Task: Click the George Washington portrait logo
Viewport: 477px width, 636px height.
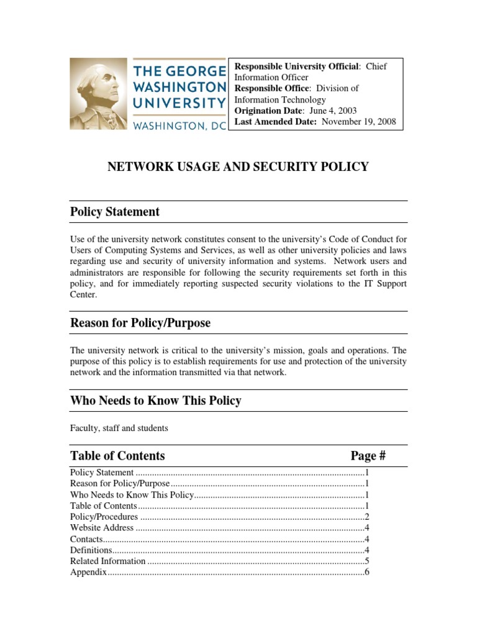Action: coord(98,94)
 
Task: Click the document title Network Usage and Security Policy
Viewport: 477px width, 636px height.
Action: coord(238,166)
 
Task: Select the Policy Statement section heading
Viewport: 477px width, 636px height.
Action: coord(115,212)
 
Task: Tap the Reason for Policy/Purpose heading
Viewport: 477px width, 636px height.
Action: coord(140,323)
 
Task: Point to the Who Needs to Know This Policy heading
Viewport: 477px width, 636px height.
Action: coord(156,401)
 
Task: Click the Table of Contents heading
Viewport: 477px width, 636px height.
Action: coord(117,456)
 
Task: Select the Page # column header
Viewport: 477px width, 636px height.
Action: coord(368,456)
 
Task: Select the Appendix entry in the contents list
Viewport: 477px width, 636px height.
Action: coord(89,572)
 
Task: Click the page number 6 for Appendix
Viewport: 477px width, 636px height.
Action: coord(367,572)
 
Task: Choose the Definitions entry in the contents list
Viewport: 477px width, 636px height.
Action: coord(91,550)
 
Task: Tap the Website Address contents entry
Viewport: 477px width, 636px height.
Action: coord(102,528)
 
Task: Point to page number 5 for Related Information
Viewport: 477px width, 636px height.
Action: coord(367,561)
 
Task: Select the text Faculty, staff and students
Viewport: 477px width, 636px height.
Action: coord(119,428)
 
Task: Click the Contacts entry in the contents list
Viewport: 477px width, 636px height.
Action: coord(86,539)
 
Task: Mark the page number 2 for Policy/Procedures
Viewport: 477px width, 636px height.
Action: coord(367,517)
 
